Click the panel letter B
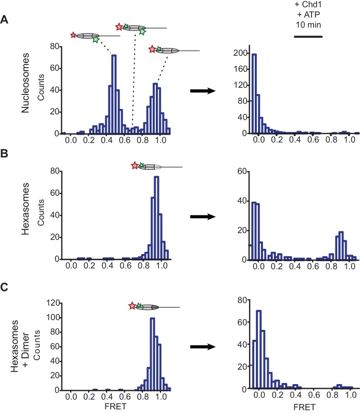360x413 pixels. pyautogui.click(x=5, y=154)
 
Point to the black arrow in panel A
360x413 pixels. pyautogui.click(x=203, y=91)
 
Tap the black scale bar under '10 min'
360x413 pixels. pyautogui.click(x=308, y=37)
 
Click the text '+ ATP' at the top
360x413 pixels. pyautogui.click(x=308, y=14)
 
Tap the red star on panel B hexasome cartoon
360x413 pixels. pyautogui.click(x=135, y=166)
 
